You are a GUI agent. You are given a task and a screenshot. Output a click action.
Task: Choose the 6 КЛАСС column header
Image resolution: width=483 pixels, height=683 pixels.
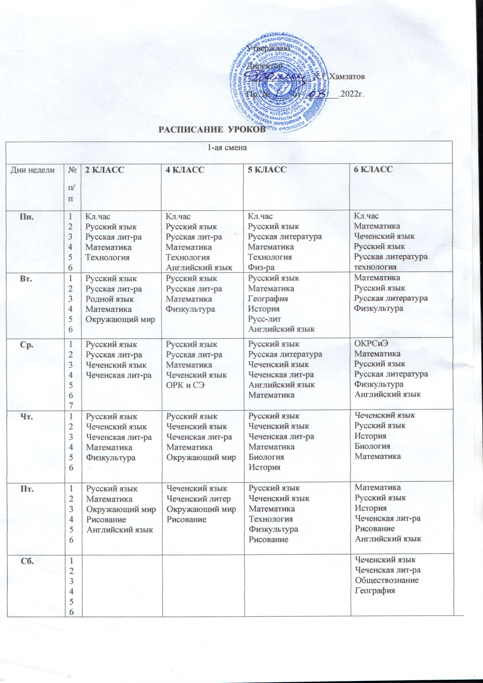373,169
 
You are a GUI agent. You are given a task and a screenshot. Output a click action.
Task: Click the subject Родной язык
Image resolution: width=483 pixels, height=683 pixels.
110,299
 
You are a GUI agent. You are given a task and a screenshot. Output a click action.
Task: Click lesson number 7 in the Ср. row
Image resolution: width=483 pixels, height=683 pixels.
70,405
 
